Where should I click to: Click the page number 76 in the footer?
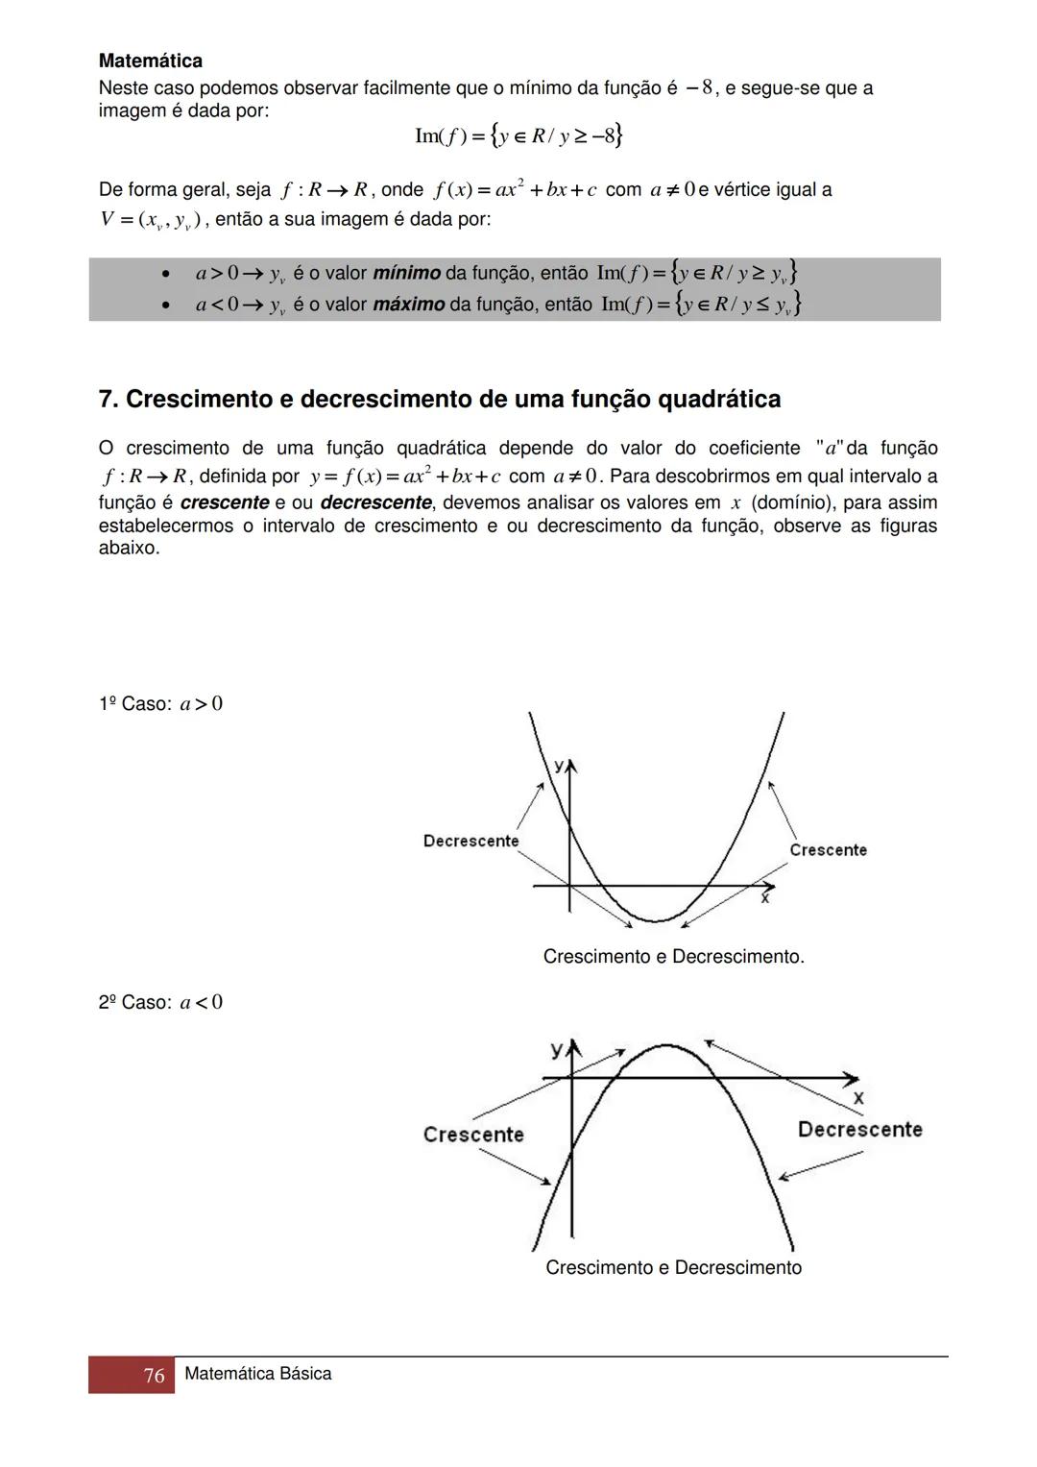point(154,1376)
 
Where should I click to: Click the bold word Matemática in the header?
point(151,61)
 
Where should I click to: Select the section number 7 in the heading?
point(106,400)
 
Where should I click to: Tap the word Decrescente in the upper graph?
point(470,842)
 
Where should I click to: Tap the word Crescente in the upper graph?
point(828,850)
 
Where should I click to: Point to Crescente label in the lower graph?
point(473,1135)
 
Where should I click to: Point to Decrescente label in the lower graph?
point(859,1130)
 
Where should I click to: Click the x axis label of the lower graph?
point(857,1097)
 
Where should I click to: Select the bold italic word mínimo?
point(406,274)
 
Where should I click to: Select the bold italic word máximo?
point(408,305)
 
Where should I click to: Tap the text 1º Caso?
point(134,704)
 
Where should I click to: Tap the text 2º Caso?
point(134,1003)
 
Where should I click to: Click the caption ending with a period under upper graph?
point(673,957)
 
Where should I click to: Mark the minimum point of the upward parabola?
point(658,921)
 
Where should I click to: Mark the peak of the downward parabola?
point(666,1044)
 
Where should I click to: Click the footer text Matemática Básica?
point(257,1374)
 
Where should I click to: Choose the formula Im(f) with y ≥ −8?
point(518,135)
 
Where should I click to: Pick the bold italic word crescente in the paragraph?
point(225,502)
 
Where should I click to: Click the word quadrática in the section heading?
point(718,400)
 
